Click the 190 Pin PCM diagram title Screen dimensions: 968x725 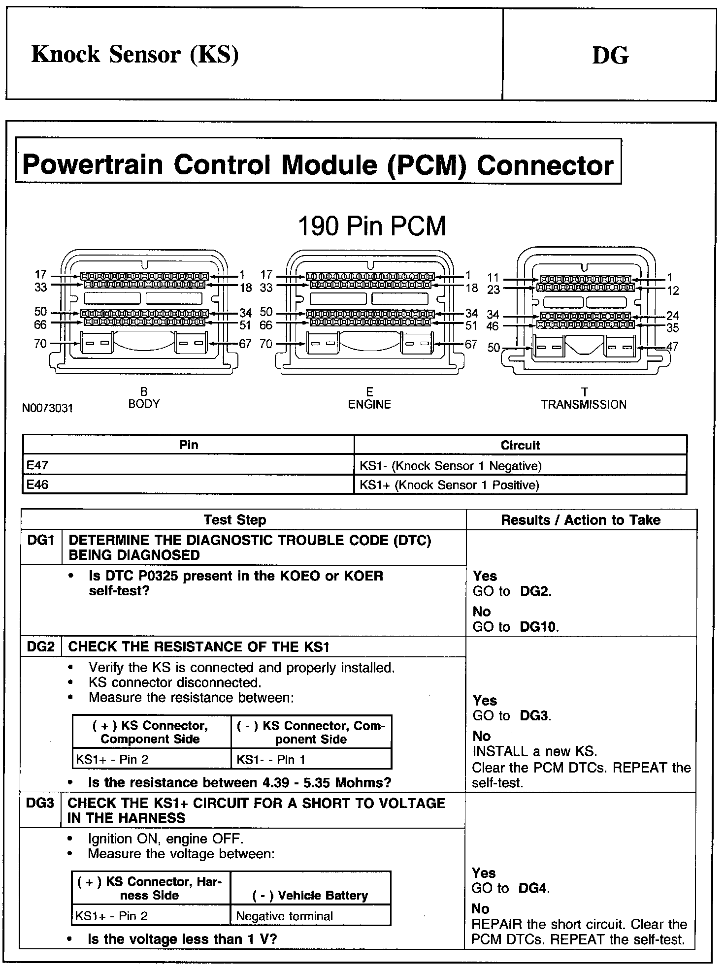tap(372, 226)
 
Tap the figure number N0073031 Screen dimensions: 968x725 tap(47, 408)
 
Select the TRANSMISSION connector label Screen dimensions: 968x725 tap(584, 405)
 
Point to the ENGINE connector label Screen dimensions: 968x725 tap(369, 404)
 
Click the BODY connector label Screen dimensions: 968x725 tap(144, 404)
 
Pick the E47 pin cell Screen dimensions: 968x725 tap(37, 465)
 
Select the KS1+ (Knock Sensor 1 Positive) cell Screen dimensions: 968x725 tap(449, 485)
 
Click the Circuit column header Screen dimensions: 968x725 tap(520, 445)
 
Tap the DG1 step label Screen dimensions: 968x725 tap(40, 541)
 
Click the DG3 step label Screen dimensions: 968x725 tap(40, 803)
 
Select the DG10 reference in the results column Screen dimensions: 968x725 tap(539, 627)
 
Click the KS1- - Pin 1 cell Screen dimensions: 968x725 tap(271, 759)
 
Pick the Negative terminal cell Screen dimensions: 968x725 tap(285, 916)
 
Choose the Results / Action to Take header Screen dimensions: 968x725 tap(581, 520)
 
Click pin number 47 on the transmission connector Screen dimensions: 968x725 tap(672, 347)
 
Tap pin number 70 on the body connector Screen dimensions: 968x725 tap(40, 344)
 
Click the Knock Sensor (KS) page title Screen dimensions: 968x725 tap(135, 54)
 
